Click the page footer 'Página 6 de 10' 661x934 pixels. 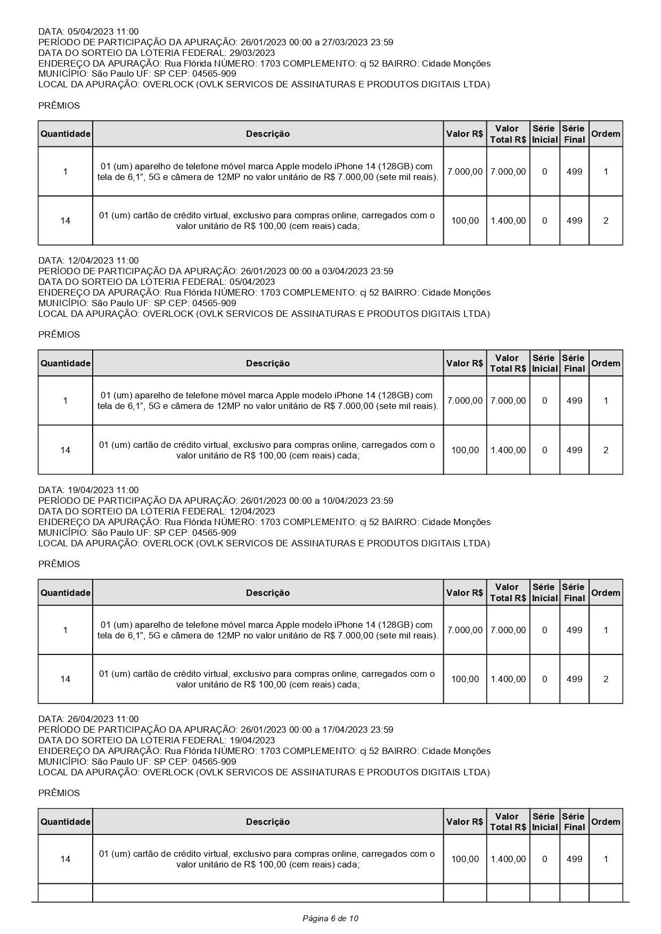point(330,918)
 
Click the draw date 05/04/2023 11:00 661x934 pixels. point(103,31)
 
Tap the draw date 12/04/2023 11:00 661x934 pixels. point(103,260)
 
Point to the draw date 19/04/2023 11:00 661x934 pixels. point(103,490)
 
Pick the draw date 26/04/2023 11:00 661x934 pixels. point(103,719)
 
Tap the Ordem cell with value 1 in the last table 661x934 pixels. point(606,859)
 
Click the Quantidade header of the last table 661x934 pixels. point(66,822)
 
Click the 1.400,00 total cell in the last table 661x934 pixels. point(508,859)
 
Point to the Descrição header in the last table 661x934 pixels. point(268,822)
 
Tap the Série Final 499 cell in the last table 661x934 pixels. point(574,859)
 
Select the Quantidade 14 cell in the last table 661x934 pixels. point(66,859)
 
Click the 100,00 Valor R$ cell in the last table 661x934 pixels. point(465,859)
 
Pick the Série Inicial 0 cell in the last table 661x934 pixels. point(544,859)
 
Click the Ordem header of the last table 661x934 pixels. point(606,822)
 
